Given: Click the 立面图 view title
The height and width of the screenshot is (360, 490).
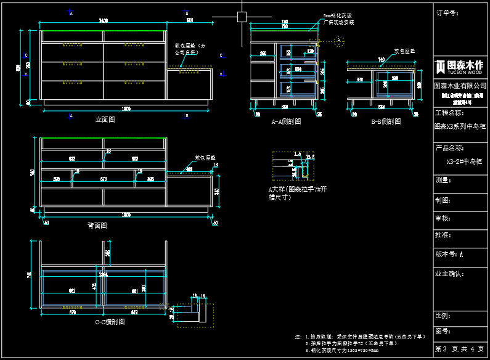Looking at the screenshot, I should [x=105, y=120].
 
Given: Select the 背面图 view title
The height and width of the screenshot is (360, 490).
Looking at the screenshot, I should [x=97, y=226].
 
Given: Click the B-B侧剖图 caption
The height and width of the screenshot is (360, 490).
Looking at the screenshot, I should [x=386, y=122].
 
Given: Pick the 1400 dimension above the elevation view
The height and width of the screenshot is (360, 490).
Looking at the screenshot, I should [x=103, y=21].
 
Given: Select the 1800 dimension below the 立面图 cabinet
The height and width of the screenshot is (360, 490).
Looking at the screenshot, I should [x=126, y=109].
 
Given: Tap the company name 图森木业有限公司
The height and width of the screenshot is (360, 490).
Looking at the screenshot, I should [x=460, y=86].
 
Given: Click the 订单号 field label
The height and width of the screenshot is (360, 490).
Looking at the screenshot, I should [x=446, y=12].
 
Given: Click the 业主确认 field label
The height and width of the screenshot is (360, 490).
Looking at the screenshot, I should [x=449, y=272].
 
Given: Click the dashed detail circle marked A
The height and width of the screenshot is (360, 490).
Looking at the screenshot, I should [x=338, y=41].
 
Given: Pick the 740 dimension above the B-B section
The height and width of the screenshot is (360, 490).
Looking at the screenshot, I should [x=382, y=60].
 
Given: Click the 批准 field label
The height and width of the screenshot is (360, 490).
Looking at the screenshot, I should [x=444, y=235].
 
